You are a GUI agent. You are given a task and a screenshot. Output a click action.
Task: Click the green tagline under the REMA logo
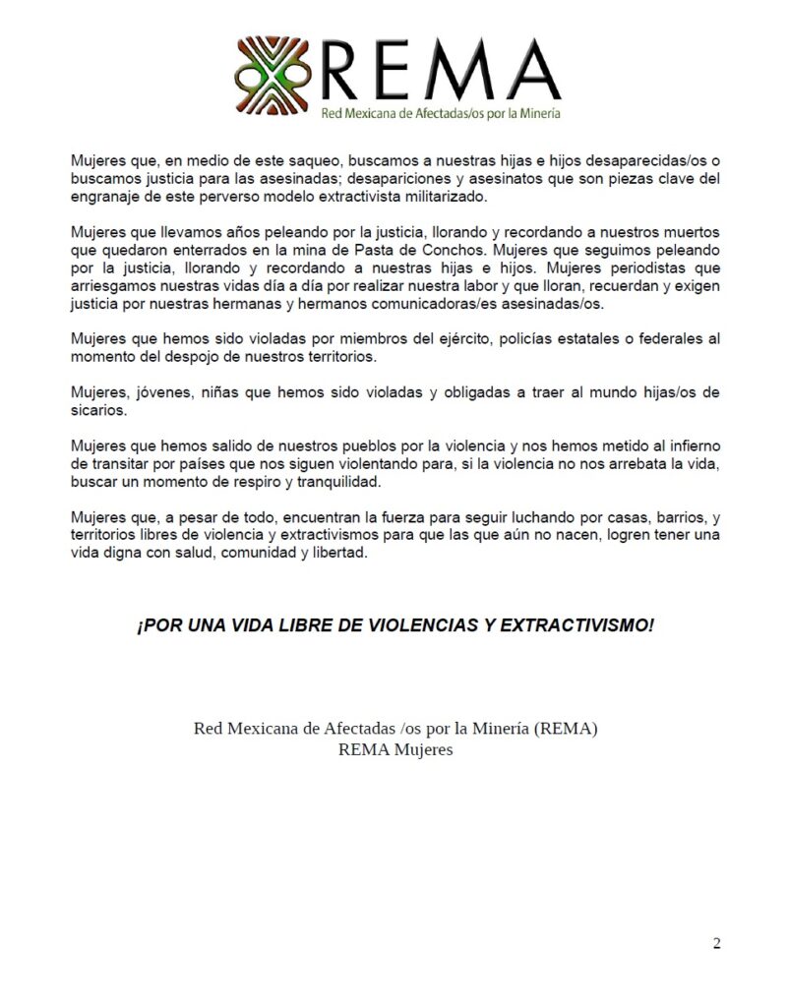[442, 113]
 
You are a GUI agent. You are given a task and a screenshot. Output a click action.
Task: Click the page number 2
[716, 944]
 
